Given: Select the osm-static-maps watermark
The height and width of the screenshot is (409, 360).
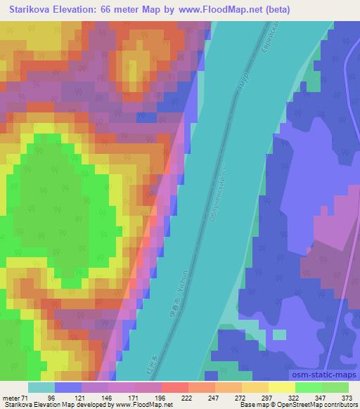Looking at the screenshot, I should point(323,377).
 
